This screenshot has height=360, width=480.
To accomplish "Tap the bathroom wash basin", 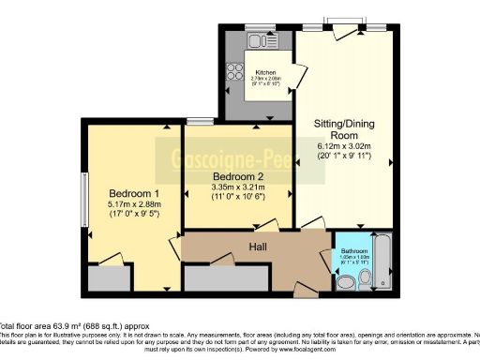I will coord(365,278).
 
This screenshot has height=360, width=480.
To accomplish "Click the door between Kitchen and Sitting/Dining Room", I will coord(299,77).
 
